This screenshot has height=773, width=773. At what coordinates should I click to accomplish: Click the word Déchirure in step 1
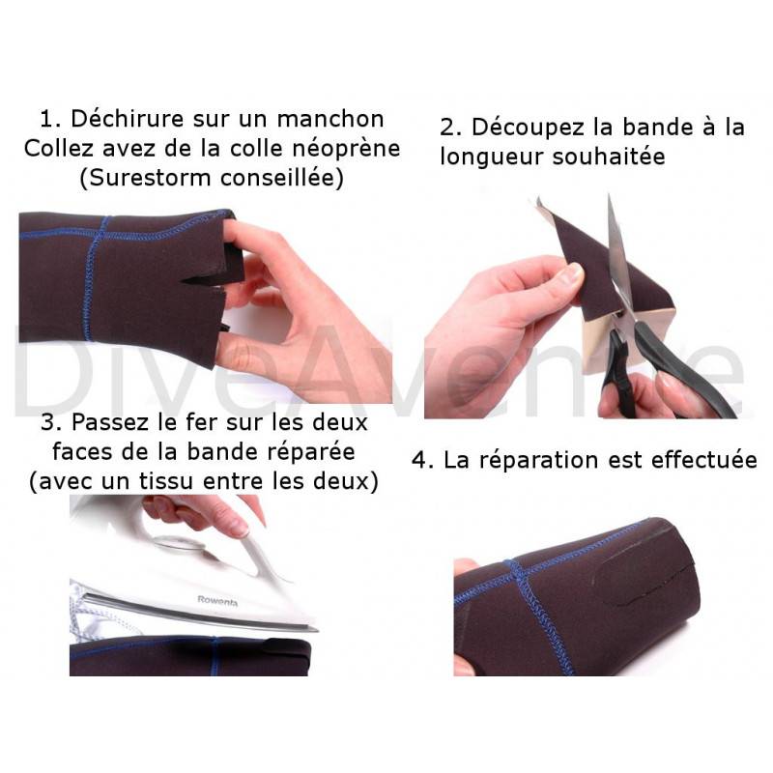coord(128,119)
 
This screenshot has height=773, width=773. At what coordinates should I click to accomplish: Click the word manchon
coord(330,119)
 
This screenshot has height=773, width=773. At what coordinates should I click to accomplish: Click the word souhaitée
coord(609,157)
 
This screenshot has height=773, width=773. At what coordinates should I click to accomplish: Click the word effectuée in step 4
coord(703,460)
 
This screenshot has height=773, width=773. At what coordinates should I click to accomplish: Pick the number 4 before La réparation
coord(418,461)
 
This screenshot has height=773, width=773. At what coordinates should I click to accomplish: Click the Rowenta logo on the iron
coord(217,601)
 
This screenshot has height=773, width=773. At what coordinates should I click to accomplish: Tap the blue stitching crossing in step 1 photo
coord(103,232)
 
